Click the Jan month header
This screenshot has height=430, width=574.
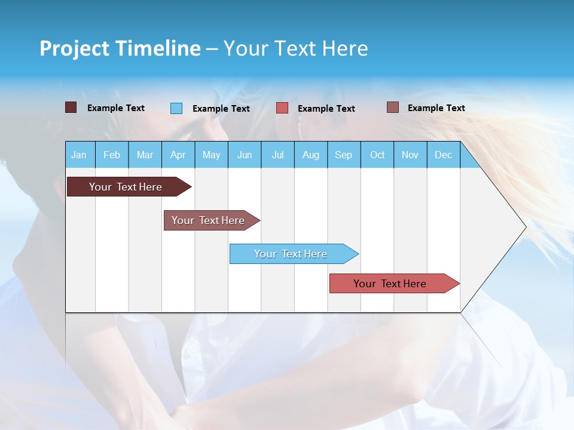pos(79,155)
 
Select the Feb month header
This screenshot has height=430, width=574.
pos(112,155)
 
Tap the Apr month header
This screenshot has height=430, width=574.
pos(178,155)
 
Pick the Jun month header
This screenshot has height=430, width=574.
pos(244,155)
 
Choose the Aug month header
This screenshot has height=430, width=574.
pos(310,155)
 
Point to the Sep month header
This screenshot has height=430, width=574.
pos(343,155)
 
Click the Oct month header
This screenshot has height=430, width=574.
pos(377,155)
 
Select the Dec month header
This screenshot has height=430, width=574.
pos(443,155)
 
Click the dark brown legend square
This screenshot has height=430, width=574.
pos(71,107)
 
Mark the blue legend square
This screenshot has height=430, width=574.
pos(176,108)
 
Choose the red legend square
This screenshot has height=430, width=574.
pos(282,108)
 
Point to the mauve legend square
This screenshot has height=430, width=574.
pos(392,107)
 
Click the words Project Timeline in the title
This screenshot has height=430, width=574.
pos(120,48)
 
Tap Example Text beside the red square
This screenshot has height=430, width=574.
pos(326,109)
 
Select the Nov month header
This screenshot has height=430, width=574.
pos(410,155)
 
